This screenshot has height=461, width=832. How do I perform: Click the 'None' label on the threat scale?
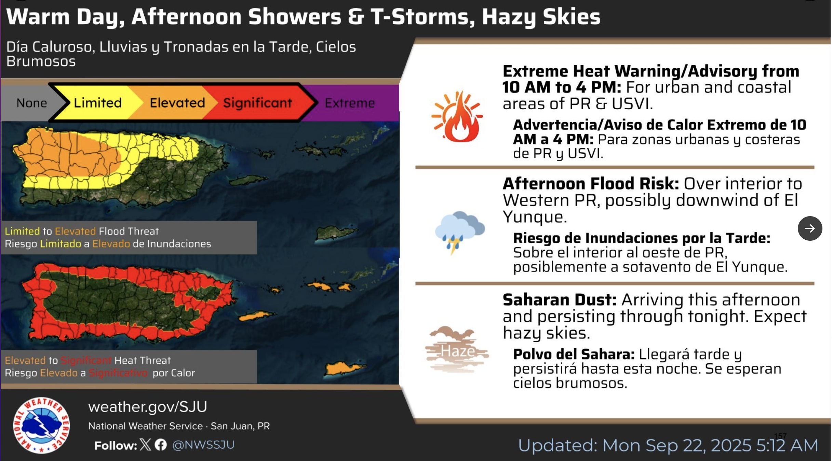click(31, 103)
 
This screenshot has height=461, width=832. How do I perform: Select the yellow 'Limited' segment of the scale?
click(98, 103)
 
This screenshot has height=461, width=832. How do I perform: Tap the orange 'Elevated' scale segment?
click(177, 103)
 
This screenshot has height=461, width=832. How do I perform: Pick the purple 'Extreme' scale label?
click(350, 103)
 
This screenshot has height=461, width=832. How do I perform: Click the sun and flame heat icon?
click(457, 116)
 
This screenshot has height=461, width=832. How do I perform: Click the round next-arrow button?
click(810, 228)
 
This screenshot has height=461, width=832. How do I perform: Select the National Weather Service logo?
click(41, 425)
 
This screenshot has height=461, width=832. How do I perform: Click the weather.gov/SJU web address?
click(148, 407)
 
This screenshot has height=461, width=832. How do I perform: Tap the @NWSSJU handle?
click(203, 445)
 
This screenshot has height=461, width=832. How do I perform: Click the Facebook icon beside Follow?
click(161, 445)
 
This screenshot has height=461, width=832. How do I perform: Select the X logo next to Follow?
click(145, 445)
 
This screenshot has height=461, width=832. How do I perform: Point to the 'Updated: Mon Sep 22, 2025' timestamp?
click(668, 445)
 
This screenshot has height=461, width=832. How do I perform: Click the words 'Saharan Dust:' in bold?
click(560, 299)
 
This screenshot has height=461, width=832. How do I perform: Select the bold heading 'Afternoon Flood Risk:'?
click(591, 183)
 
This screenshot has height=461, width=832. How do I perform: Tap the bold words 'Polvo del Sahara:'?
click(574, 354)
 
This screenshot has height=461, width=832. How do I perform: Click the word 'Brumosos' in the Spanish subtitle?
click(41, 61)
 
